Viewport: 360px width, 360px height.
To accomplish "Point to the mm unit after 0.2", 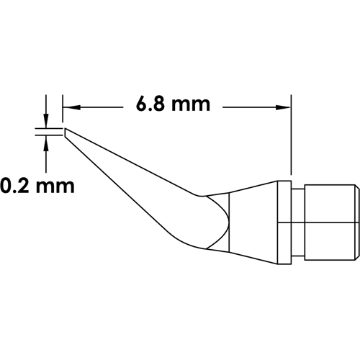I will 55,187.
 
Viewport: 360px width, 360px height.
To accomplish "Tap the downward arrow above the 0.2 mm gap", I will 47,123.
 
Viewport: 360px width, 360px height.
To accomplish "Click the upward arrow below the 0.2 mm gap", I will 47,142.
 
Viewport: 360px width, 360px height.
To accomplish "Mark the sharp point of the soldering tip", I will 65,132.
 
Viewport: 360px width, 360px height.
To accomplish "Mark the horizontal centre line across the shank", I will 324,222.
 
